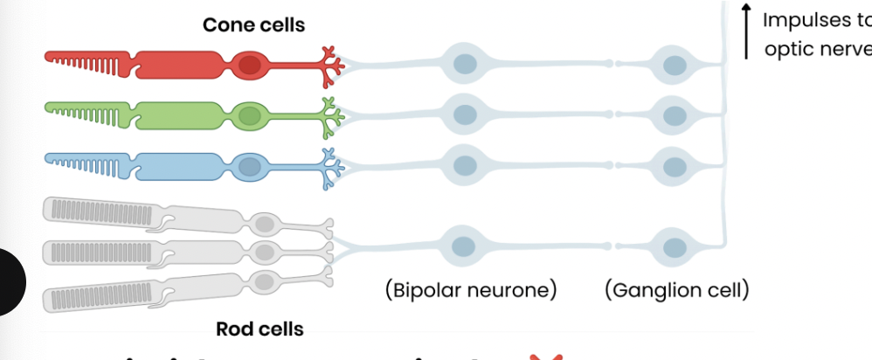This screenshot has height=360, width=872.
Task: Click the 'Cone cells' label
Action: pyautogui.click(x=253, y=24)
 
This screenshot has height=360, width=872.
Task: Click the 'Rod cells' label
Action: pyautogui.click(x=260, y=329)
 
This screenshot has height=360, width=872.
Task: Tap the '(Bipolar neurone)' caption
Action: pyautogui.click(x=471, y=289)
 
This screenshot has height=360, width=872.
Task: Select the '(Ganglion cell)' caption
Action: pyautogui.click(x=676, y=289)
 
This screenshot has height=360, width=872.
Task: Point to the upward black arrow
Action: pyautogui.click(x=747, y=31)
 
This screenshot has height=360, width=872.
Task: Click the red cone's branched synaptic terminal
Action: pyautogui.click(x=330, y=65)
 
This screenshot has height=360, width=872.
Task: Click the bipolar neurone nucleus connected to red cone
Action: pyautogui.click(x=465, y=64)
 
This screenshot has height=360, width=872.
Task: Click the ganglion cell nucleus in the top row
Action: pyautogui.click(x=674, y=64)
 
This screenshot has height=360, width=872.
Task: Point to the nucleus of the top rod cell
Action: pyautogui.click(x=264, y=225)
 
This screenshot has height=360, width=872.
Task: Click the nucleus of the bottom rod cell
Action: pyautogui.click(x=264, y=280)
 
